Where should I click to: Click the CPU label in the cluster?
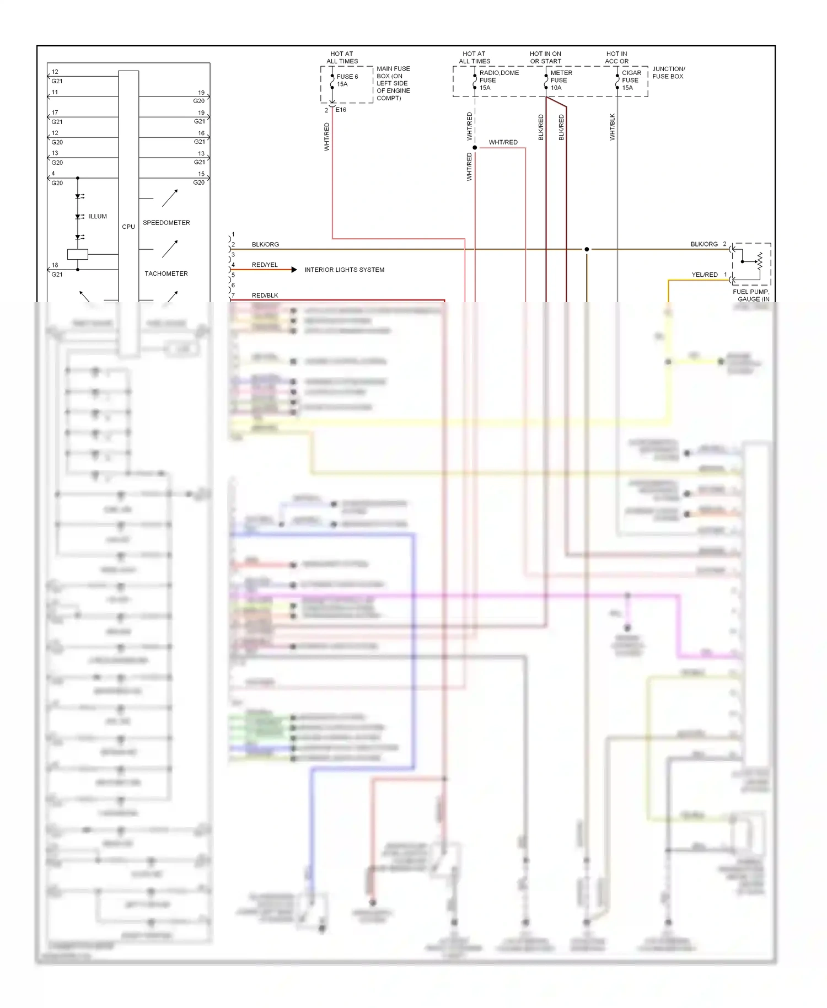pyautogui.click(x=128, y=227)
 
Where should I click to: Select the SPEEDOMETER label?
pyautogui.click(x=166, y=223)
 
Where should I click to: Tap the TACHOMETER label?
pyautogui.click(x=166, y=274)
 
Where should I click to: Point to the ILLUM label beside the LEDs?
pyautogui.click(x=98, y=216)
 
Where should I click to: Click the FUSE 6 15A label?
pyautogui.click(x=347, y=81)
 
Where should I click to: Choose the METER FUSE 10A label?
pyautogui.click(x=561, y=80)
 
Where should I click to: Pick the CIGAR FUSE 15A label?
pyautogui.click(x=631, y=80)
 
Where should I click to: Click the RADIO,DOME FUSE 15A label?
pyautogui.click(x=498, y=80)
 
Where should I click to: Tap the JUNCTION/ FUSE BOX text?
pyautogui.click(x=668, y=73)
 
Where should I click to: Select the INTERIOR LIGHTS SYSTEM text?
pyautogui.click(x=344, y=270)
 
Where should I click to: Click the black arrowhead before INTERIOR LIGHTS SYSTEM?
pyautogui.click(x=294, y=270)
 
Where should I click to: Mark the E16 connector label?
pyautogui.click(x=341, y=110)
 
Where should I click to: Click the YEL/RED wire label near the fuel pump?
pyautogui.click(x=704, y=275)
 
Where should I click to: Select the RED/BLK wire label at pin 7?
pyautogui.click(x=265, y=296)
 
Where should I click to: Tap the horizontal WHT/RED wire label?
pyautogui.click(x=503, y=142)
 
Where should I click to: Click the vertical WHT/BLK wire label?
pyautogui.click(x=612, y=127)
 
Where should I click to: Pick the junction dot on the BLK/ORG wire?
pyautogui.click(x=587, y=249)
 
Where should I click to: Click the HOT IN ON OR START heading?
pyautogui.click(x=545, y=57)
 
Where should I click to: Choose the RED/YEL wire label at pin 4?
pyautogui.click(x=265, y=265)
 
